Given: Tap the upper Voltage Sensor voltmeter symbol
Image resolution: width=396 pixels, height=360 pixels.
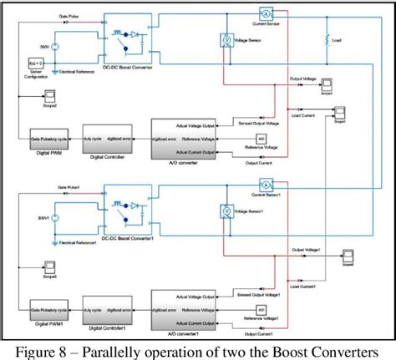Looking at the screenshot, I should click(224, 38).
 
